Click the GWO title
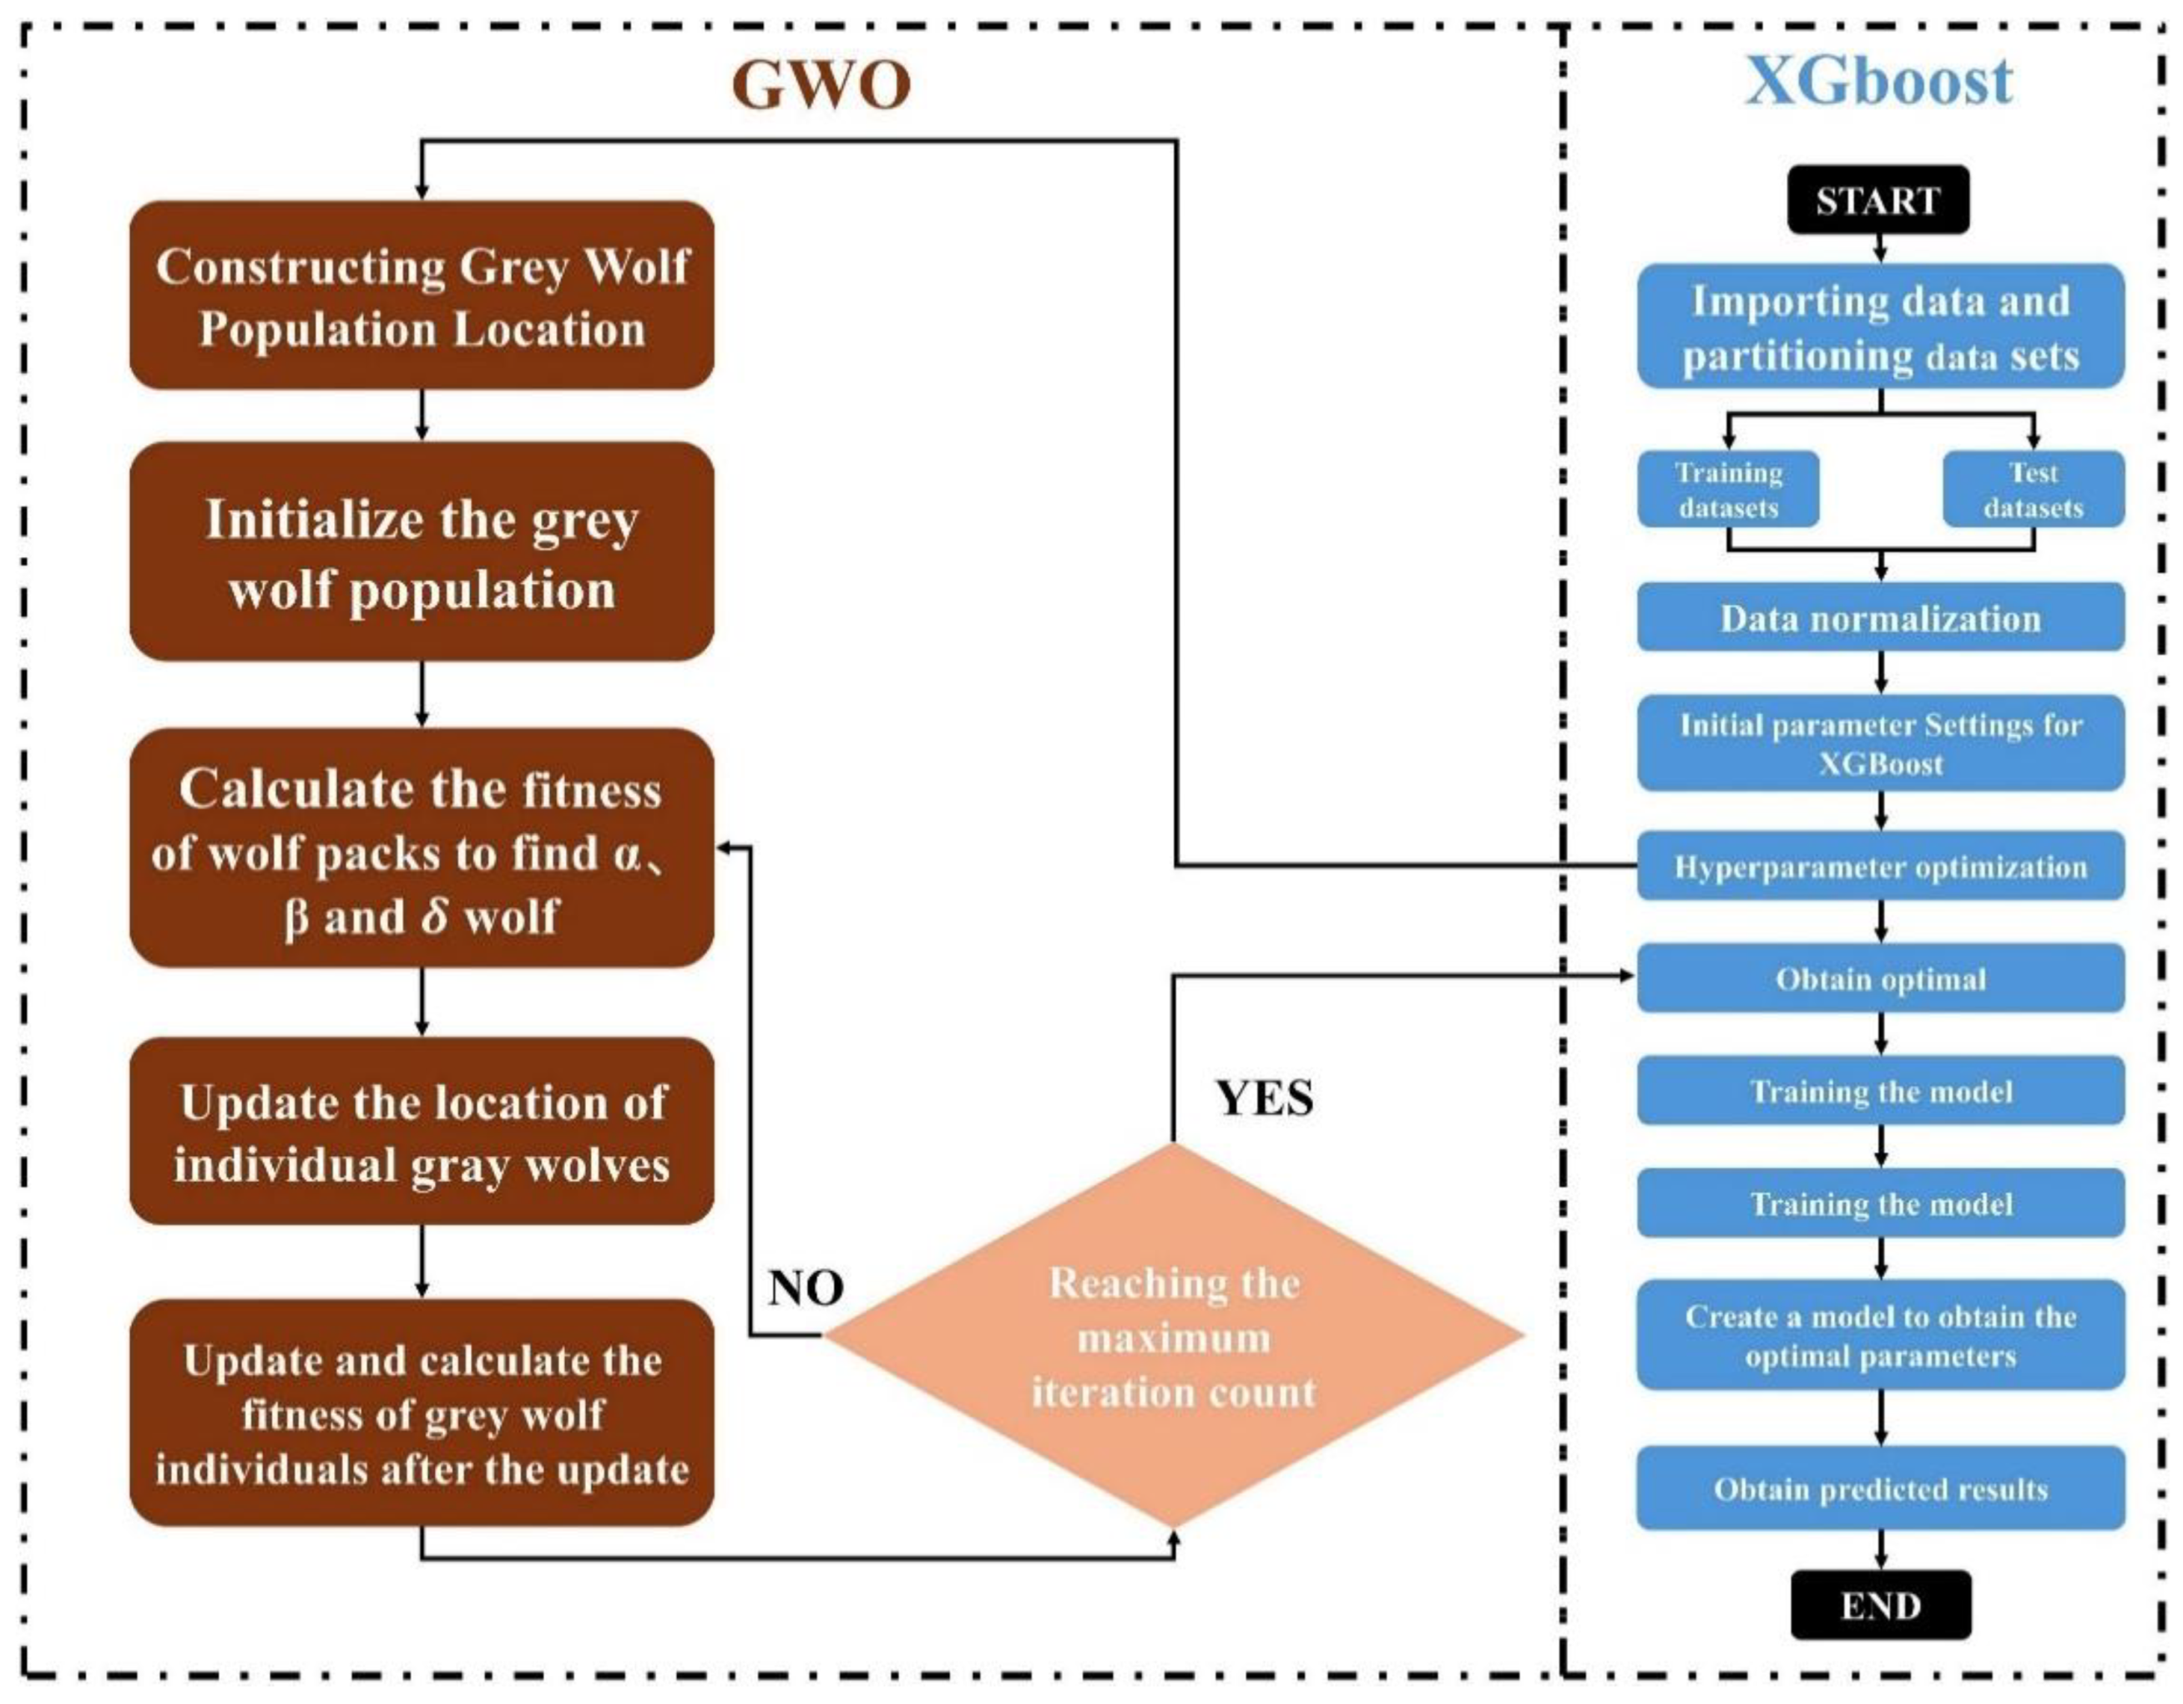click(x=821, y=84)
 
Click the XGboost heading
click(x=1879, y=82)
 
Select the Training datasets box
click(x=1727, y=489)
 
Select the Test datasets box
click(x=2033, y=489)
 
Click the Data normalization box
click(x=1880, y=618)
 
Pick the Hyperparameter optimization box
click(x=1880, y=866)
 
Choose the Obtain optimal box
click(x=1880, y=979)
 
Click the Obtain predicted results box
click(x=1880, y=1489)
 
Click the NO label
click(x=806, y=1288)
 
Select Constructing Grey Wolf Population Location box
click(x=422, y=296)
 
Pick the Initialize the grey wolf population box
click(x=422, y=553)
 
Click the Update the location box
click(x=422, y=1132)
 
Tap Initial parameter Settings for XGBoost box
click(x=1880, y=743)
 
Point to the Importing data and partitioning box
click(x=1880, y=327)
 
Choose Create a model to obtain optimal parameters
click(x=1880, y=1335)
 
